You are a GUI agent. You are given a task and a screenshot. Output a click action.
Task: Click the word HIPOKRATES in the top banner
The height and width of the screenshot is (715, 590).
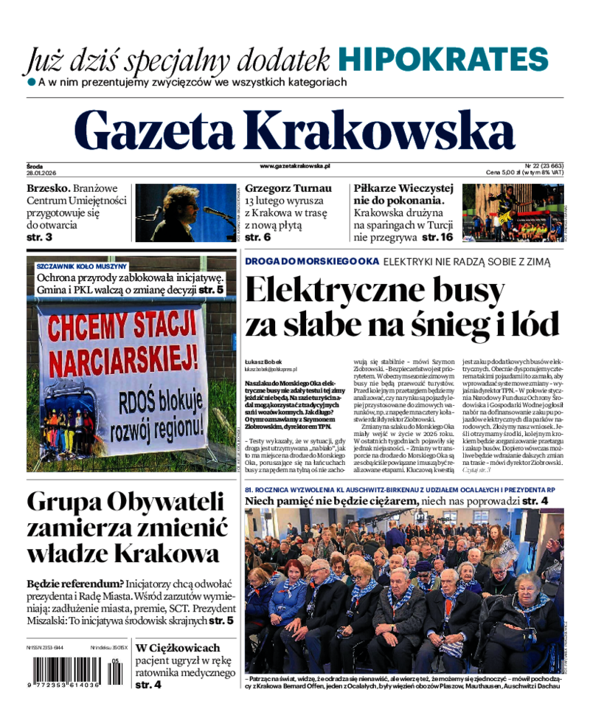[x=444, y=59]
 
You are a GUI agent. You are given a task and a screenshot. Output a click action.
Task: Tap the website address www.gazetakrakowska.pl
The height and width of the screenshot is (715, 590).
[x=295, y=167]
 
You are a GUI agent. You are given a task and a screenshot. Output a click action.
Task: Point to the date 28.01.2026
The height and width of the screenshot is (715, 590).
[x=42, y=173]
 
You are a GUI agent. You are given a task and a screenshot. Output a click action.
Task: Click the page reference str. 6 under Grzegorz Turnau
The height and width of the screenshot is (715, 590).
[x=258, y=238]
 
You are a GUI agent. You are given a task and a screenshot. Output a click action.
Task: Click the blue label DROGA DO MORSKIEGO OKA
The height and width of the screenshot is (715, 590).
[x=312, y=261]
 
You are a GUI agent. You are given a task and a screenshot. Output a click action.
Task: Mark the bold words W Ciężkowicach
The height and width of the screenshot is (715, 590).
[x=178, y=648]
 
